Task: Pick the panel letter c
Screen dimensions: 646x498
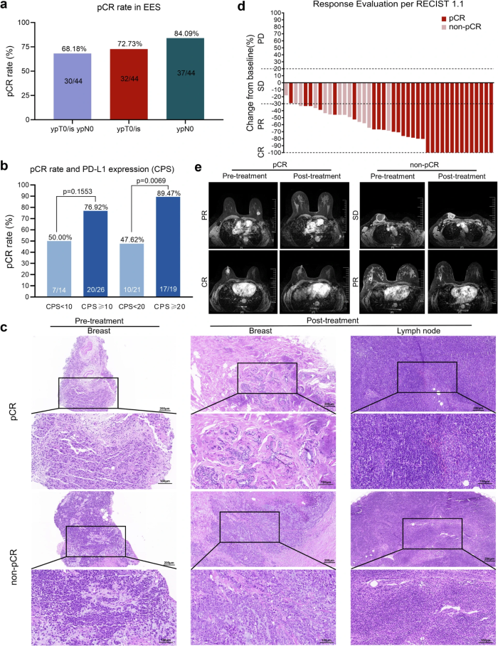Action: coord(5,327)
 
